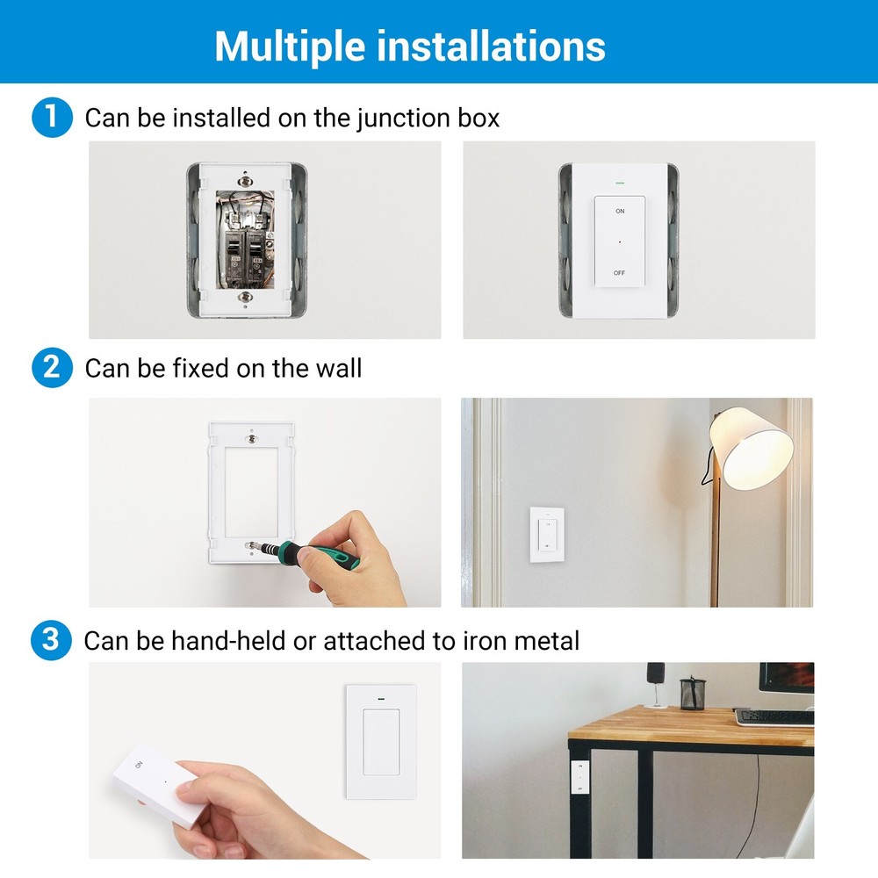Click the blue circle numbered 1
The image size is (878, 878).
(51, 119)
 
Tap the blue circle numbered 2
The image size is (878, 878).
(51, 367)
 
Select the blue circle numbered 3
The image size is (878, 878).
(51, 640)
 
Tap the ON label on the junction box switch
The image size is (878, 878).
(620, 212)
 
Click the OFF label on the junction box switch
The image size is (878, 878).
(620, 273)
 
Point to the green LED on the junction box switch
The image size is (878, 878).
(620, 184)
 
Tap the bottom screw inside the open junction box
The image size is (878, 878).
(246, 298)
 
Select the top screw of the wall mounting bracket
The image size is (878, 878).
(252, 436)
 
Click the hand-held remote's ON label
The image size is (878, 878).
(139, 766)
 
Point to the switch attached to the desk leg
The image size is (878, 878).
(579, 777)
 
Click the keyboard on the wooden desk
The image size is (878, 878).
(773, 716)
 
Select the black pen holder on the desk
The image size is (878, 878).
(693, 693)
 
